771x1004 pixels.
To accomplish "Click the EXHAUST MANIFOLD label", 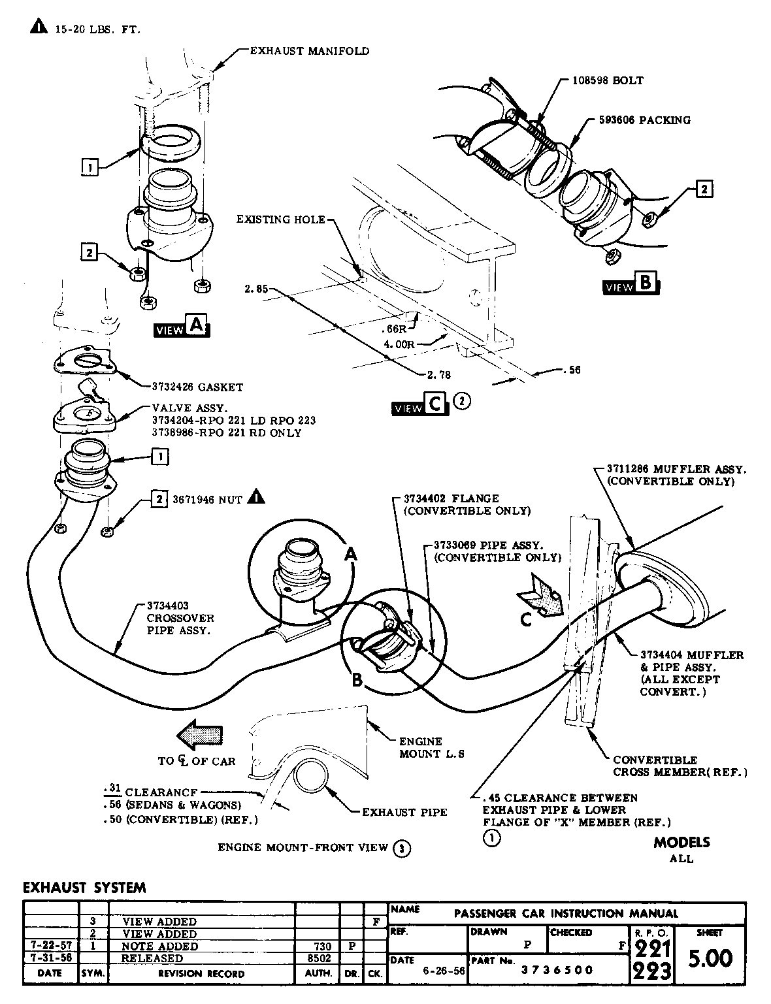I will (x=309, y=51).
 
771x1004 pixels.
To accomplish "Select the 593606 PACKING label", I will (x=644, y=120).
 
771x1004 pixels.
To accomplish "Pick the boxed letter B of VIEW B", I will (x=646, y=283).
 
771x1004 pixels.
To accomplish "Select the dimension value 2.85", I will (x=255, y=288).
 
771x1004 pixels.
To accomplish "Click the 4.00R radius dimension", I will (x=399, y=344).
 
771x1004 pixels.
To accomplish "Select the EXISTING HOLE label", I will (x=281, y=219).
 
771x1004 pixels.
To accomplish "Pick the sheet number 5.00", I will (x=710, y=959).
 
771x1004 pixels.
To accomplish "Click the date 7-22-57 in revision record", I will (x=50, y=946).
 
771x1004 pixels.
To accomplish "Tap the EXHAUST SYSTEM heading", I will (x=84, y=888).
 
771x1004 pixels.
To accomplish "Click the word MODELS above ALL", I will (x=681, y=842).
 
